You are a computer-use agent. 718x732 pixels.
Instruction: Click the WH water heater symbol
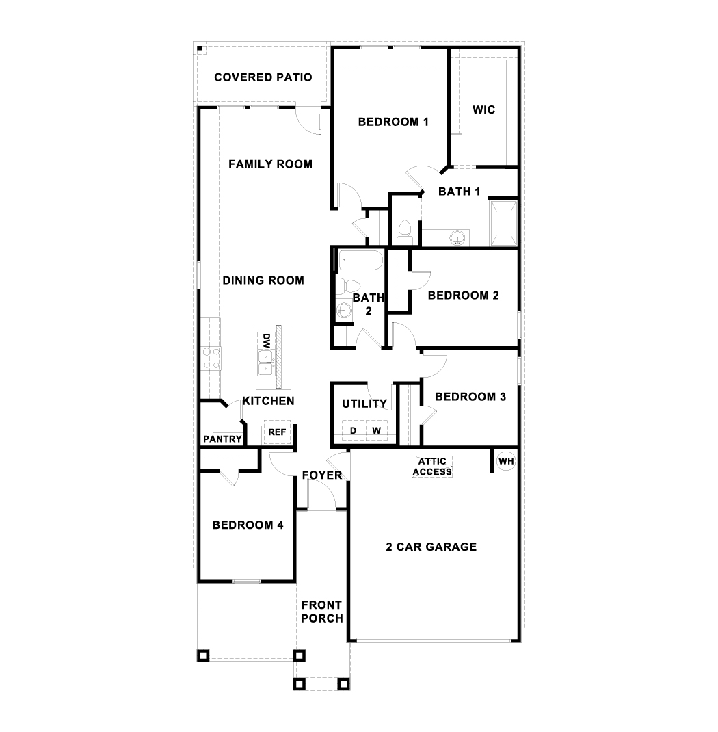coord(505,461)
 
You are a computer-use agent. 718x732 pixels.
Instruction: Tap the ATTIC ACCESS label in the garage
coord(432,467)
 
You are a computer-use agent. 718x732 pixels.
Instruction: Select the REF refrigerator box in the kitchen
coord(277,432)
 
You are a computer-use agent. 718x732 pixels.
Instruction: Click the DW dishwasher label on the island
coord(263,340)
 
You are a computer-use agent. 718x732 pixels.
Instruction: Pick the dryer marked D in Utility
coord(353,430)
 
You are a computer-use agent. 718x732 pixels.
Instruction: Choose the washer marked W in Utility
coord(375,430)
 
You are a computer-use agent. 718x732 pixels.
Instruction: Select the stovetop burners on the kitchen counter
coord(211,358)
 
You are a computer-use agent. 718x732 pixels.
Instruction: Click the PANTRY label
coord(222,439)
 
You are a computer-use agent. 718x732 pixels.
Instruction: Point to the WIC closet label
coord(484,109)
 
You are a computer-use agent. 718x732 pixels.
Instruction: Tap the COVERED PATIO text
coord(263,77)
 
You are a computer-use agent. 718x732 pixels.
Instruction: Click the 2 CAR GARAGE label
coord(431,547)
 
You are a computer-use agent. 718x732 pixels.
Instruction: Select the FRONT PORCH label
coord(321,612)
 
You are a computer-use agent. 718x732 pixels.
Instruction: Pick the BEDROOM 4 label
coord(248,525)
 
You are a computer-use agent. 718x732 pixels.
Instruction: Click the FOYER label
coord(321,475)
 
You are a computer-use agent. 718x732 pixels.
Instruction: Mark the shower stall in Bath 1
coord(504,222)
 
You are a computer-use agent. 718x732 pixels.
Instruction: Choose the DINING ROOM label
coord(263,280)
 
